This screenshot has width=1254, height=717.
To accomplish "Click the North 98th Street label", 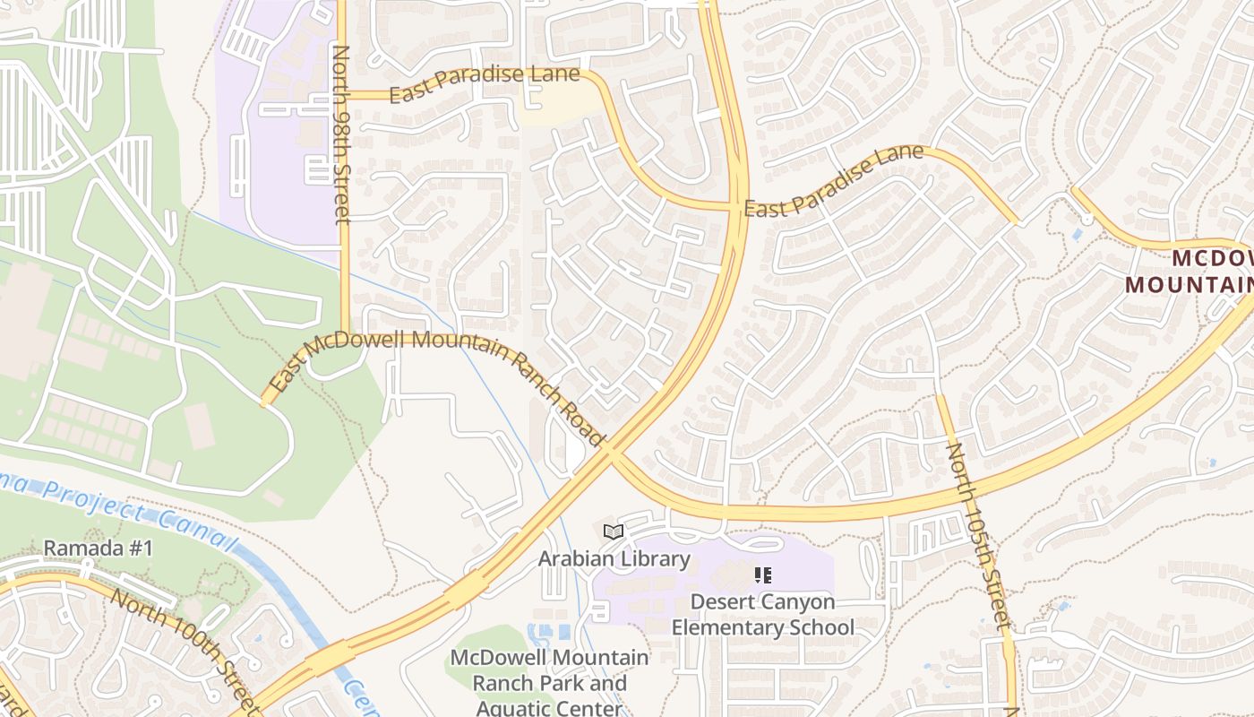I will (x=341, y=134).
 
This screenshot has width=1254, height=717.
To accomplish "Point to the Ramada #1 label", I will (x=99, y=548).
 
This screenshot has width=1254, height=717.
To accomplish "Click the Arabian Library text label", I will (x=614, y=559).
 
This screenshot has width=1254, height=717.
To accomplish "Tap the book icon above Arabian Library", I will (x=614, y=532).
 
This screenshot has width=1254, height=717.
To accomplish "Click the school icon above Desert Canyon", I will (x=763, y=574).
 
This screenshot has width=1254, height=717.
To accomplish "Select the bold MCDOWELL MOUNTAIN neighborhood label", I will (x=1190, y=272).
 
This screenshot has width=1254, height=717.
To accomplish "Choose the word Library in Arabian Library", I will (x=657, y=559).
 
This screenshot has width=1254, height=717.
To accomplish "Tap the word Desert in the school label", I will (x=723, y=601).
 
